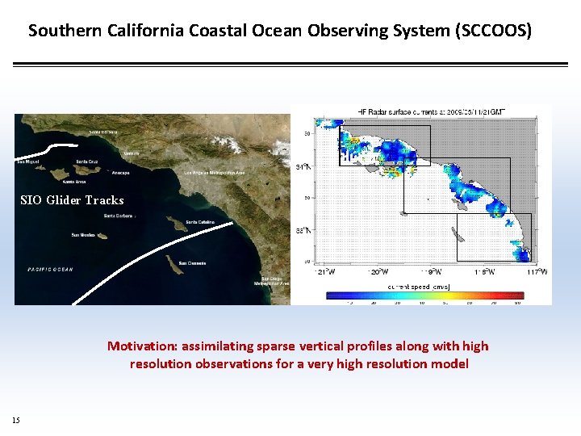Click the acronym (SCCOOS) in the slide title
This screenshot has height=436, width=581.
[493, 31]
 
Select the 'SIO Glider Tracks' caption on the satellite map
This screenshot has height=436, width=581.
[72, 200]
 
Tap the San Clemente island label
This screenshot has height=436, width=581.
[192, 263]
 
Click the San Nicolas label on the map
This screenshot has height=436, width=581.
[83, 235]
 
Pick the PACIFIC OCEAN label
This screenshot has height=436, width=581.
[50, 270]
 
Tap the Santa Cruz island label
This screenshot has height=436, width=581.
[87, 161]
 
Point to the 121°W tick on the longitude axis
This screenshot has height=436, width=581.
[326, 272]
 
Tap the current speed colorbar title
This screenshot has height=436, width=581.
[419, 287]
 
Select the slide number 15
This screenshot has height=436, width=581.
[16, 420]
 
